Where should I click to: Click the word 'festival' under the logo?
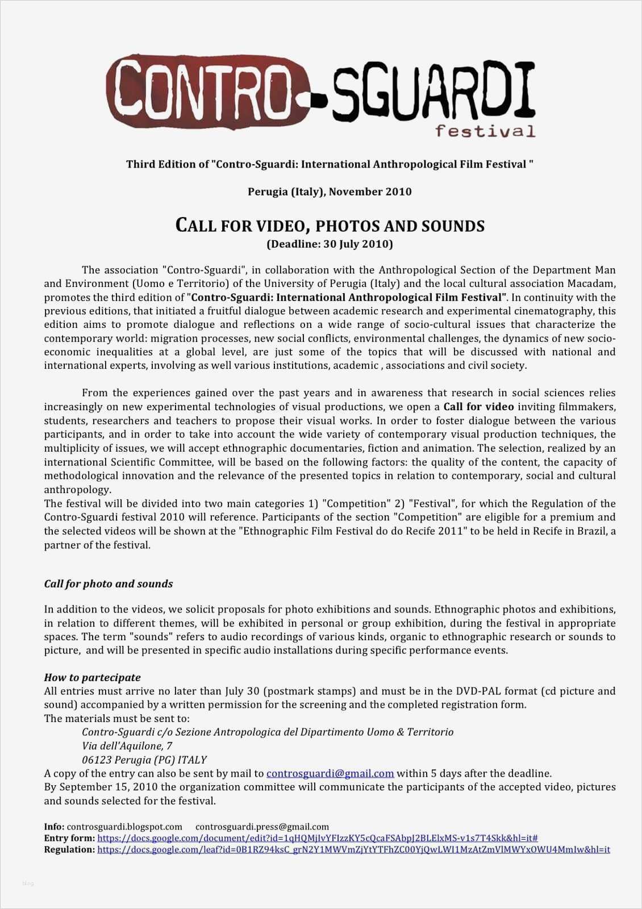(x=485, y=132)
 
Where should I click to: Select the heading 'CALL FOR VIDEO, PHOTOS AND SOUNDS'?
(x=330, y=226)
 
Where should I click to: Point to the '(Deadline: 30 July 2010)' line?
(x=330, y=244)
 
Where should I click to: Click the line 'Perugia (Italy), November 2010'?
(x=330, y=192)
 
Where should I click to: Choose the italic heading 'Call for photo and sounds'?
(x=109, y=584)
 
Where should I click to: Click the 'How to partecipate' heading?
(x=93, y=678)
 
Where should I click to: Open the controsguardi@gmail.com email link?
(x=330, y=773)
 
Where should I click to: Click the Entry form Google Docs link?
(x=318, y=838)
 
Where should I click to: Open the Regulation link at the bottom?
(x=353, y=850)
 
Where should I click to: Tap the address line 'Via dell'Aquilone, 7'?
(x=127, y=746)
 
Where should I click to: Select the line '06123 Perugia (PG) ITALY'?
(x=144, y=760)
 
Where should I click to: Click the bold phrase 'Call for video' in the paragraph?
(x=478, y=407)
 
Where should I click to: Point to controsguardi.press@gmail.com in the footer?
(x=262, y=827)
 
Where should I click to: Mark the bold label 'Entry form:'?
(x=69, y=838)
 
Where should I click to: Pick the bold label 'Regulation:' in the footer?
(x=69, y=850)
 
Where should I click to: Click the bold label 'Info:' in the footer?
(x=55, y=827)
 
